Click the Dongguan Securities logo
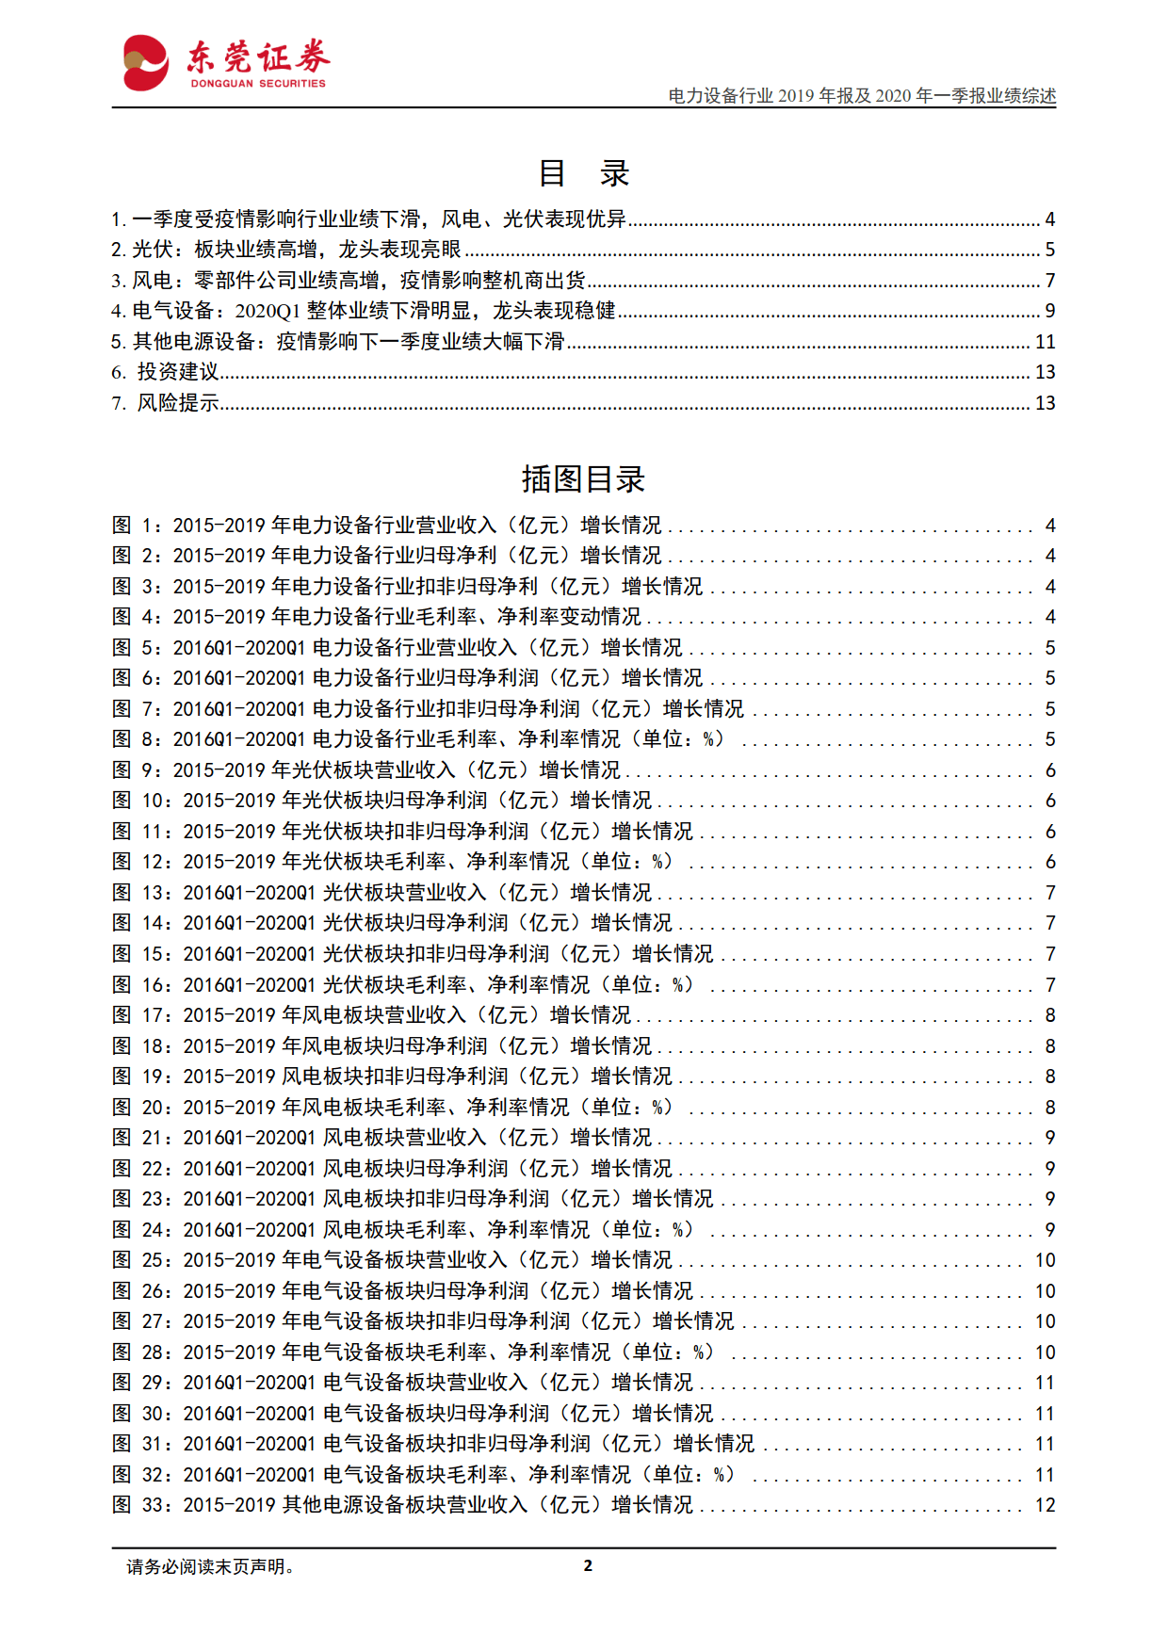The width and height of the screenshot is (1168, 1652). [x=226, y=63]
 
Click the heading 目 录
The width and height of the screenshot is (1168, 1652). [x=583, y=173]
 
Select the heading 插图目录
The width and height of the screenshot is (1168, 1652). [x=583, y=479]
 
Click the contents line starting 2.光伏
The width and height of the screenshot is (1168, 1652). [x=286, y=250]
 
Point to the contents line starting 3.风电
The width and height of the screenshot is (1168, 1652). [x=349, y=281]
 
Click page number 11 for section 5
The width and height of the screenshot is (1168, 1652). [x=1045, y=342]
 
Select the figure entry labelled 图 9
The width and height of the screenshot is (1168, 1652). [x=366, y=770]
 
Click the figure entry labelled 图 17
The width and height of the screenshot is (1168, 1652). [x=372, y=1015]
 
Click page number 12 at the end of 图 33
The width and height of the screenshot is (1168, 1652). [x=1045, y=1505]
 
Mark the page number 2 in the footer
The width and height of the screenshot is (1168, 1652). [x=588, y=1565]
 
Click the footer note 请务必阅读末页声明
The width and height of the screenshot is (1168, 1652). [x=211, y=1566]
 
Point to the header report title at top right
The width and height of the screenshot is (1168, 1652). [x=862, y=96]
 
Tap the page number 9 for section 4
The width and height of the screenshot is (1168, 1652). [x=1049, y=311]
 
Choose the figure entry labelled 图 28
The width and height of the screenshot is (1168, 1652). [x=414, y=1352]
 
